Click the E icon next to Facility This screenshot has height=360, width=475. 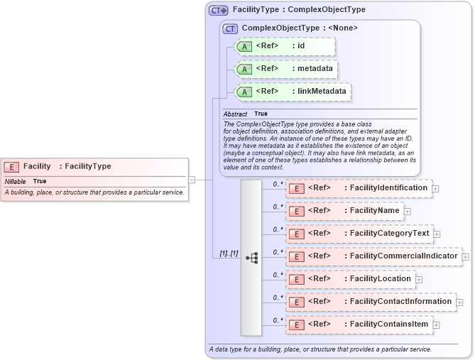(11, 167)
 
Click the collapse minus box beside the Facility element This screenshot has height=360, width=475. (191, 180)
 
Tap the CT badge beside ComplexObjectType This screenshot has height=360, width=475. (230, 28)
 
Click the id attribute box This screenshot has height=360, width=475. (284, 46)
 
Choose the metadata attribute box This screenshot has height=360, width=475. (284, 69)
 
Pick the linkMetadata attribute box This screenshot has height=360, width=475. (292, 92)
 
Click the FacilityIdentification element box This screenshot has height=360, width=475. (359, 188)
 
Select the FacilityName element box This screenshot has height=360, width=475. (344, 211)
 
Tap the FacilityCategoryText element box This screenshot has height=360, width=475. (359, 234)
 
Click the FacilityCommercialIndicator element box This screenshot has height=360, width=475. (373, 256)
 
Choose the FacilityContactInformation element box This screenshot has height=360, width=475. (371, 302)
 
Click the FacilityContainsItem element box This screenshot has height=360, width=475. (359, 324)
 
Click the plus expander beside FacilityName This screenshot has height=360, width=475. (408, 212)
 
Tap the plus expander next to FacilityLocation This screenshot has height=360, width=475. (419, 280)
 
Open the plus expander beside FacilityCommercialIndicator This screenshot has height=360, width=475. (466, 257)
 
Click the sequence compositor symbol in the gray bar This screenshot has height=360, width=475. (251, 258)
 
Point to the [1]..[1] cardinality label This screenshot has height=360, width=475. (228, 253)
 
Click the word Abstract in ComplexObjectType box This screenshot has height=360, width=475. (235, 114)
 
